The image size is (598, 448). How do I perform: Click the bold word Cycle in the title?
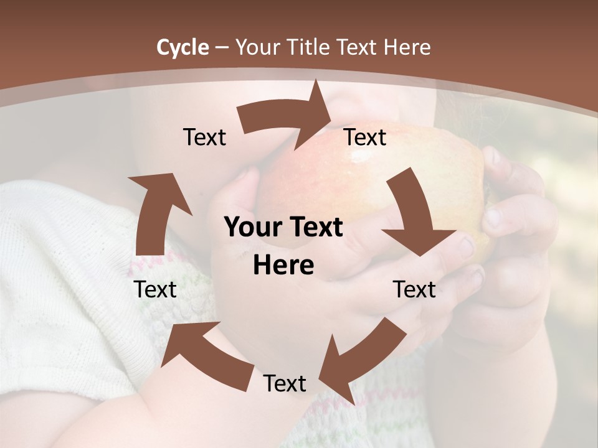point(183,47)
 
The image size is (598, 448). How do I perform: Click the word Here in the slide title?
point(407,47)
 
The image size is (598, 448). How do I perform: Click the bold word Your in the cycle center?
point(248,228)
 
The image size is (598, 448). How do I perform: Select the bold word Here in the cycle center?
point(283,266)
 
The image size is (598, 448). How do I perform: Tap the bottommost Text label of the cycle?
point(285,383)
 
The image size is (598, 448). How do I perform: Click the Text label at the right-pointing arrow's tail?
point(204,138)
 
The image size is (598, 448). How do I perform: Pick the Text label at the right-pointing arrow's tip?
point(365,138)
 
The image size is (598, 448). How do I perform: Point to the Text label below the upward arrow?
point(155,289)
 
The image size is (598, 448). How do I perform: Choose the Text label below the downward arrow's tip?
point(414,289)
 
